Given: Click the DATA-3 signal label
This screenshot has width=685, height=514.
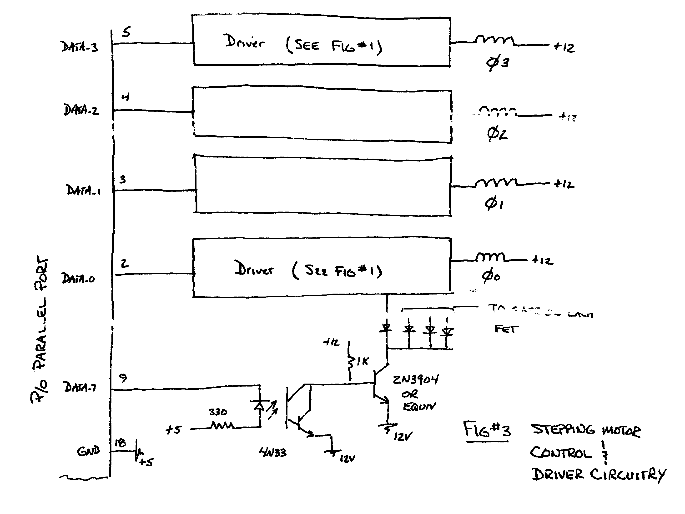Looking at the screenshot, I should [x=79, y=47].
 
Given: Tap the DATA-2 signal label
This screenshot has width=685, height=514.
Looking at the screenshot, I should [x=81, y=110].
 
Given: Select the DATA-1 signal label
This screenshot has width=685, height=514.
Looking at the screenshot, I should [x=83, y=190].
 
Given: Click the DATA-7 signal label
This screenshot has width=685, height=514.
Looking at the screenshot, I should [x=80, y=387].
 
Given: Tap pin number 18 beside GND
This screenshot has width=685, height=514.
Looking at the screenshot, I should [x=120, y=443].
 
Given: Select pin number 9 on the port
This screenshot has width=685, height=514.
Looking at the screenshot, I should [x=123, y=377].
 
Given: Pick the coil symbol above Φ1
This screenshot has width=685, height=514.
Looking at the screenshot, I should [x=496, y=182].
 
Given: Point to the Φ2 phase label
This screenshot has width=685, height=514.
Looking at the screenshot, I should [x=497, y=134].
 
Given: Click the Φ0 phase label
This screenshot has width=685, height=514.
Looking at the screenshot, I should [x=491, y=276].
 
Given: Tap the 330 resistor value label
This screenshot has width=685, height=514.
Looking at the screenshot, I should [x=218, y=412].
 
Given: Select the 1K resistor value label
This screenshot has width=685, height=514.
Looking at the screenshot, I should [x=362, y=361].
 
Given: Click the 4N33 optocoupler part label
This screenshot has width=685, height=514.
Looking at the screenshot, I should [x=272, y=453].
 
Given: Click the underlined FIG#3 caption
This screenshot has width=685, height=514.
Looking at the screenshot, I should [x=487, y=429].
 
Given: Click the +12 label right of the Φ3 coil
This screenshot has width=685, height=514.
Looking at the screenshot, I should [x=564, y=47].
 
